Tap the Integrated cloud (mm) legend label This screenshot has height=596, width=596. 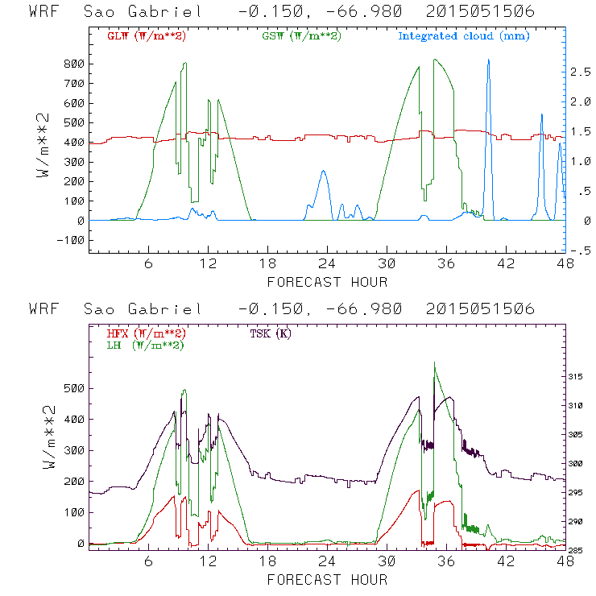tap(464, 36)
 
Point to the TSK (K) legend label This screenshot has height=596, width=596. tap(271, 333)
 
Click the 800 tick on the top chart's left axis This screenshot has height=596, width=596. tap(74, 64)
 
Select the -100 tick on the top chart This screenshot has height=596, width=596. tap(71, 240)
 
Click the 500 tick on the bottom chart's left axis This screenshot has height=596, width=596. tap(74, 388)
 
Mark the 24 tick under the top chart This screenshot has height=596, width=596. tap(327, 263)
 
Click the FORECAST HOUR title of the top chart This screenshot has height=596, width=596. tap(327, 282)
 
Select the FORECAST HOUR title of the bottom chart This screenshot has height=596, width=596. tap(327, 580)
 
